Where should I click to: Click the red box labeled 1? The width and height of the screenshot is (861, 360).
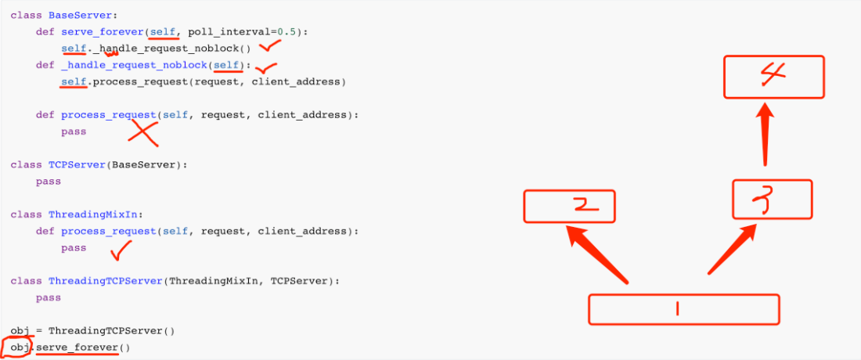tap(683, 309)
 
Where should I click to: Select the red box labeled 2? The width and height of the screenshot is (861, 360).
tap(569, 206)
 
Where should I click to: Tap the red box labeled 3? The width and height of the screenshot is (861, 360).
tap(773, 199)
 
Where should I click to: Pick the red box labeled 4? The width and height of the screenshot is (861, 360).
tap(773, 77)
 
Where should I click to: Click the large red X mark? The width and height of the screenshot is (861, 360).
tap(143, 132)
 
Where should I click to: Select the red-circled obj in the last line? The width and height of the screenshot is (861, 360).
tap(17, 347)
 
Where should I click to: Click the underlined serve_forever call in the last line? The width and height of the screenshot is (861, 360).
tap(77, 347)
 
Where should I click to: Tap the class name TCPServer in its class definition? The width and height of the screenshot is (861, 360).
tap(77, 164)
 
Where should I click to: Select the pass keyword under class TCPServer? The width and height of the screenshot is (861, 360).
tap(48, 181)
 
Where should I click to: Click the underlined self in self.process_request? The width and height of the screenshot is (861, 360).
tap(74, 81)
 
